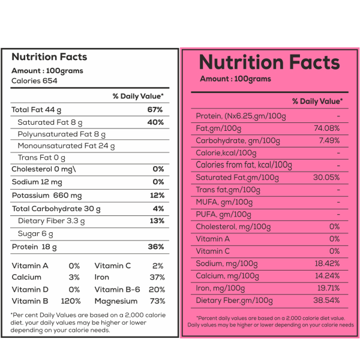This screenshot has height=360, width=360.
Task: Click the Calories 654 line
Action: click(34, 81)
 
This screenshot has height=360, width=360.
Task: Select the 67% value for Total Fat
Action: click(155, 110)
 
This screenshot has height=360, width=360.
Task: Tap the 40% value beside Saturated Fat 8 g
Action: click(155, 122)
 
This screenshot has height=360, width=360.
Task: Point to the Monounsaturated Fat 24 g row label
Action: click(66, 146)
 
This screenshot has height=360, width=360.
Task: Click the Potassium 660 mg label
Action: click(47, 196)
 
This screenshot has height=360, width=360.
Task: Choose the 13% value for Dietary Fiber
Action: click(157, 221)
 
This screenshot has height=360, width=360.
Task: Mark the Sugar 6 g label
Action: click(35, 234)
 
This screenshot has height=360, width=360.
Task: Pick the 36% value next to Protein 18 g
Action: click(156, 247)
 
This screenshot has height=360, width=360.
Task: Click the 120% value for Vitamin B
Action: click(71, 301)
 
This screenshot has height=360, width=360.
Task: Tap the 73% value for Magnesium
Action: click(157, 301)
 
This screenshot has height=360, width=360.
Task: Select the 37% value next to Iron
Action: click(157, 277)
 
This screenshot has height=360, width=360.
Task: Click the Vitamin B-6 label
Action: click(118, 290)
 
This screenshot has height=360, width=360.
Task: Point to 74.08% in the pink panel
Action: click(327, 128)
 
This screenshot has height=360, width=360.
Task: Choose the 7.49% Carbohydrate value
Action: click(329, 140)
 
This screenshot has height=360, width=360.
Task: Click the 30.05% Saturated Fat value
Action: click(326, 177)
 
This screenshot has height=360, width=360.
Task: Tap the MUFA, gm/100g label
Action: click(224, 202)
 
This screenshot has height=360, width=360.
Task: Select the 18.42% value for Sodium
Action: click(327, 263)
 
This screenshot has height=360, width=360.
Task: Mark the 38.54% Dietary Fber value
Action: click(326, 300)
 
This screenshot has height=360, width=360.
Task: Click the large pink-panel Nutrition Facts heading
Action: click(269, 62)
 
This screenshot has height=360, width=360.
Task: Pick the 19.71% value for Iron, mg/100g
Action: click(329, 288)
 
